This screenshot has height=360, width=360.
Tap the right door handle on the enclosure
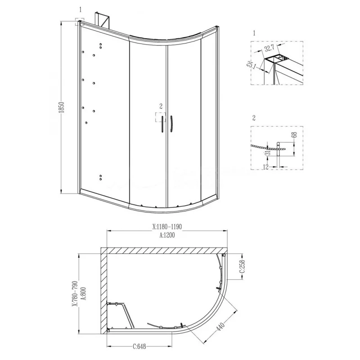[172, 124]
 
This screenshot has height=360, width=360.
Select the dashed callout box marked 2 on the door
[161, 117]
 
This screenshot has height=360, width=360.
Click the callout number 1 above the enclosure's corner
[80, 9]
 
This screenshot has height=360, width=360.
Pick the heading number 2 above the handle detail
[254, 118]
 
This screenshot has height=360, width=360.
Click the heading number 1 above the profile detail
[254, 33]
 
